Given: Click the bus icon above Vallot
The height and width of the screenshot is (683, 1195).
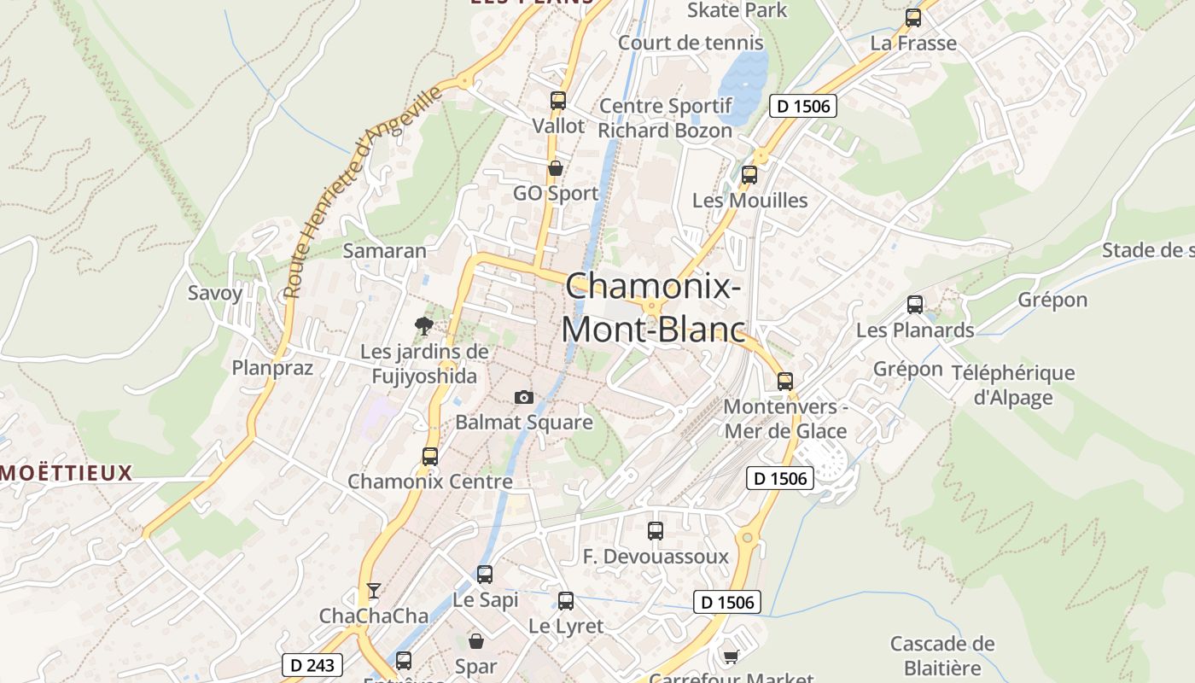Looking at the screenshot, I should (x=558, y=101).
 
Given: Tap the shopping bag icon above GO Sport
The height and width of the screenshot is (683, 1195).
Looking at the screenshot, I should (x=556, y=168).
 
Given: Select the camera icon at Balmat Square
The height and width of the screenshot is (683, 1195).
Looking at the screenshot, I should (x=524, y=397).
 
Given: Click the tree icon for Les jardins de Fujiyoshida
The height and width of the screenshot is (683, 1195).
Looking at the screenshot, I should (x=423, y=325).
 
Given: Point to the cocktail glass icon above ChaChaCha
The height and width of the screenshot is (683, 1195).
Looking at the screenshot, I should (x=373, y=590).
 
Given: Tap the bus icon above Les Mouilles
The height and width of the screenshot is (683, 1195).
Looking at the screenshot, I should (x=749, y=175).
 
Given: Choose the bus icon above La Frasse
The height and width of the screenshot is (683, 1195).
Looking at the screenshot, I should (x=913, y=18).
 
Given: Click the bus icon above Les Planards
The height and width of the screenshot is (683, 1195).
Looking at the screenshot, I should (x=915, y=305).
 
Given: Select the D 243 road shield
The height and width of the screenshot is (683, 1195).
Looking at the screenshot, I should (x=312, y=665).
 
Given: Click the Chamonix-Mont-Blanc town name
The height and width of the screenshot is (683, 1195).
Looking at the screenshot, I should (x=653, y=307).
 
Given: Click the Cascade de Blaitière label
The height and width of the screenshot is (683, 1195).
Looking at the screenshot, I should (x=942, y=655).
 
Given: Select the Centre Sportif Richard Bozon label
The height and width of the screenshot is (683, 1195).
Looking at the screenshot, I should (x=665, y=119).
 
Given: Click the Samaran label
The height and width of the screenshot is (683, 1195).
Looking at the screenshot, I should (x=384, y=251).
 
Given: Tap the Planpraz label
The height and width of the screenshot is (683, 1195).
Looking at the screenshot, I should (x=273, y=368).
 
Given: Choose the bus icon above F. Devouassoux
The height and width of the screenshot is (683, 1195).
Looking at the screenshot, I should (x=656, y=531).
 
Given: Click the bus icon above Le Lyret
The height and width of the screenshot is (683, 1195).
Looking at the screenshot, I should (x=566, y=601).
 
